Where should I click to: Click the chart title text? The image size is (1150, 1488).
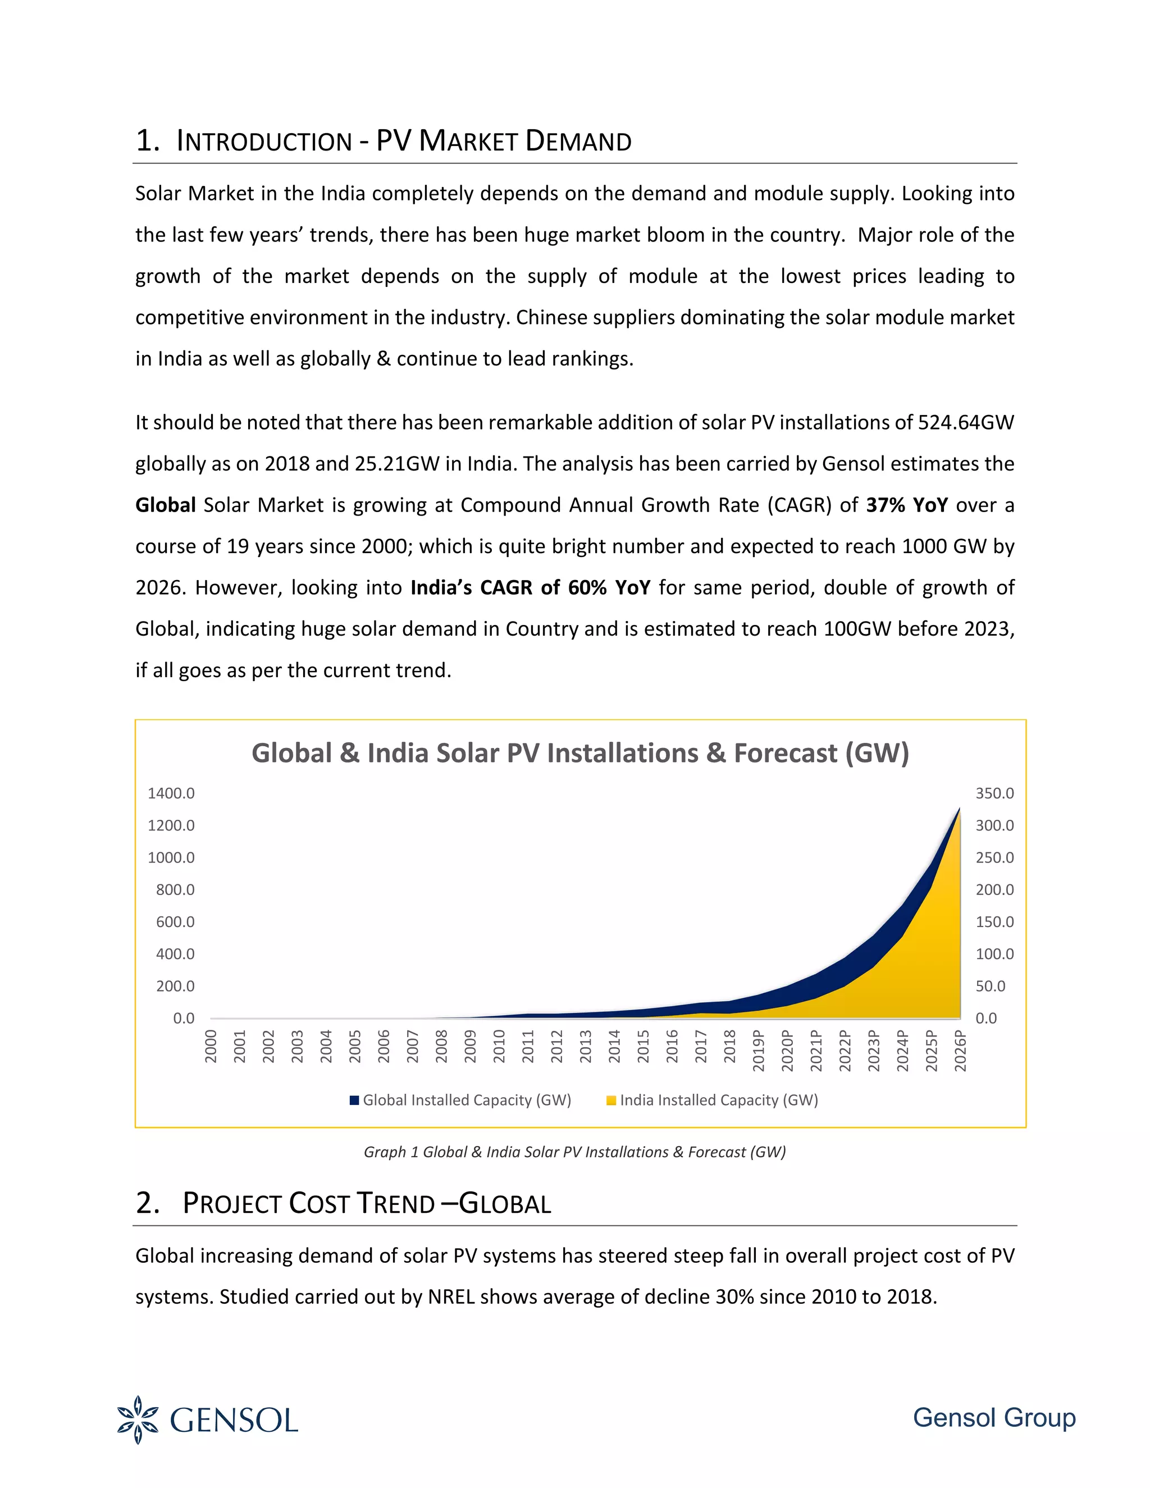pyautogui.click(x=579, y=754)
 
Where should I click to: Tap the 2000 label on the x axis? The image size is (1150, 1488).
pyautogui.click(x=211, y=1046)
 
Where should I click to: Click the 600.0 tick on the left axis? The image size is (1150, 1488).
pyautogui.click(x=175, y=922)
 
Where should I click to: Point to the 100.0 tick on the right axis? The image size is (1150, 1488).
pyautogui.click(x=994, y=954)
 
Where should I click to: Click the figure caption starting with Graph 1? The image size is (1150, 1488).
pyautogui.click(x=574, y=1152)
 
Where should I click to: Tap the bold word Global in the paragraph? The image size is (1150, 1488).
pyautogui.click(x=166, y=505)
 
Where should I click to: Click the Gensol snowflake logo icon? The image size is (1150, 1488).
pyautogui.click(x=138, y=1421)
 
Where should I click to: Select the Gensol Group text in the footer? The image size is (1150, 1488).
pyautogui.click(x=993, y=1418)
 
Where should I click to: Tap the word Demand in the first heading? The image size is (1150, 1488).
pyautogui.click(x=578, y=141)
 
